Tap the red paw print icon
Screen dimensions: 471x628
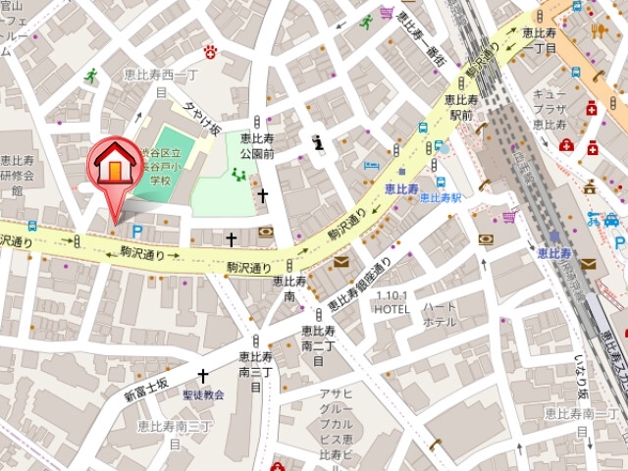pyautogui.click(x=210, y=51)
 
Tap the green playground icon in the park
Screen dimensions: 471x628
pyautogui.click(x=238, y=175)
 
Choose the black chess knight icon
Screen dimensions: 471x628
pyautogui.click(x=317, y=142)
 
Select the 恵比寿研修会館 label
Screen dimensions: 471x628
pyautogui.click(x=17, y=175)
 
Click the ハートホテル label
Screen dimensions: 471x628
pyautogui.click(x=439, y=314)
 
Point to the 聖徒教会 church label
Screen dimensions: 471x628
pyautogui.click(x=203, y=394)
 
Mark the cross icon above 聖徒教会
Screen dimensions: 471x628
pyautogui.click(x=203, y=376)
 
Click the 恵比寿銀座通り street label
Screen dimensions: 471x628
pyautogui.click(x=359, y=285)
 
